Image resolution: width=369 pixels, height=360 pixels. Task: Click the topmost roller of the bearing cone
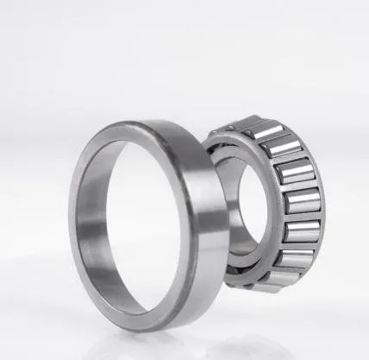261,132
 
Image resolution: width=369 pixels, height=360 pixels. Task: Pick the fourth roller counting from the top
303,201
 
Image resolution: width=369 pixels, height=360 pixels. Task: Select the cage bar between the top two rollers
273,138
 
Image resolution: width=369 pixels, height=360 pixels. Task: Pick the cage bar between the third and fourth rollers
303,186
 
